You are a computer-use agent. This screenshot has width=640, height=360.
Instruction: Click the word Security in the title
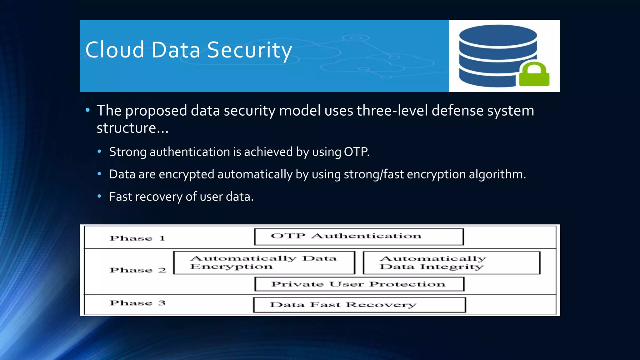tap(249, 50)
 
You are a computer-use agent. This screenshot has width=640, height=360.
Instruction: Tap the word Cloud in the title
tap(115, 50)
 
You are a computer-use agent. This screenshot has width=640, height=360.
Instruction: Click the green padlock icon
tap(534, 75)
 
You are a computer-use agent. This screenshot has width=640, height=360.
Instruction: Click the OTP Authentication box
tap(359, 237)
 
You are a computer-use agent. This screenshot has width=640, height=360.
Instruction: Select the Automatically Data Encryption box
tap(264, 262)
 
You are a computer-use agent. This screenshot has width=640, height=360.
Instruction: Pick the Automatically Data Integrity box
tap(452, 263)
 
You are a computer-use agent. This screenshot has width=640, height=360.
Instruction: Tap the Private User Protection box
tap(359, 284)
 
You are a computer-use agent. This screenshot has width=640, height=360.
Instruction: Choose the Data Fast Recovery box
tap(359, 305)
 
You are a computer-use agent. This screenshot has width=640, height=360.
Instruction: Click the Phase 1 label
tap(137, 238)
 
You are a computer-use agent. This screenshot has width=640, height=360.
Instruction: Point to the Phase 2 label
tap(138, 270)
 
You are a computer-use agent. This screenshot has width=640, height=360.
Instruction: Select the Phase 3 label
tap(137, 303)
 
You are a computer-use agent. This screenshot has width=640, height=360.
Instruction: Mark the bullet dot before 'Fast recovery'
tap(99, 196)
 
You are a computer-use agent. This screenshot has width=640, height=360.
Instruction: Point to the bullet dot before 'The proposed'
tap(87, 110)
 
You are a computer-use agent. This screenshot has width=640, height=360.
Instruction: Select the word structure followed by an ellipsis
tap(126, 128)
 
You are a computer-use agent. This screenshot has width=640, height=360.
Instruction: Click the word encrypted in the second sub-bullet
tap(186, 174)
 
